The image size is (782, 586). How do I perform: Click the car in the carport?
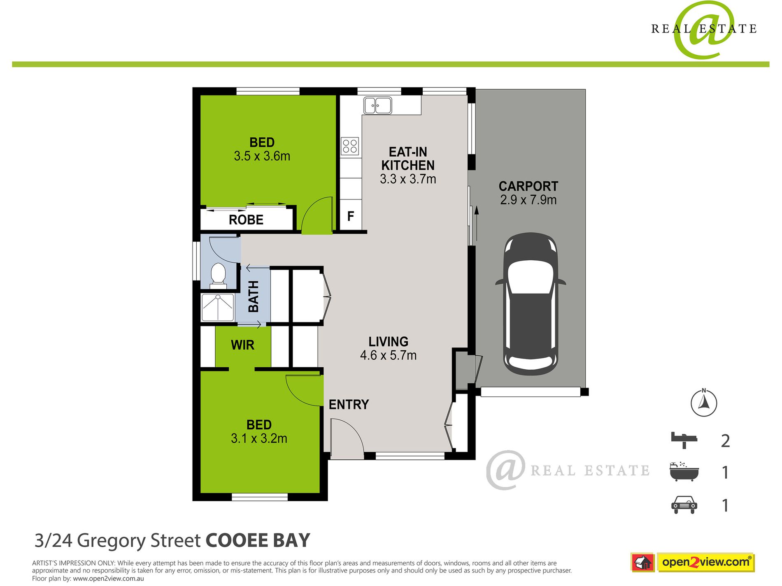pos(530,304)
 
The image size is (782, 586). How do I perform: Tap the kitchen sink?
pos(377,106)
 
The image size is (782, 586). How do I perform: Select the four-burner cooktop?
pos(350,146)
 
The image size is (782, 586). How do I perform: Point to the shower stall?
pos(217,307)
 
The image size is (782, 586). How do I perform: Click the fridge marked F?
pos(351,216)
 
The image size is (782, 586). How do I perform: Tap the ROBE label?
pos(246,220)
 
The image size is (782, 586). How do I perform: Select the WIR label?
pos(242,345)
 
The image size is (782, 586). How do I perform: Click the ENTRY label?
pos(349,405)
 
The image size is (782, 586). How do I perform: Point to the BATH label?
pos(254,296)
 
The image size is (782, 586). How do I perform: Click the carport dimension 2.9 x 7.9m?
pos(528,200)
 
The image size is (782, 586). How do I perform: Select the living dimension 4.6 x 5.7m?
pos(388,355)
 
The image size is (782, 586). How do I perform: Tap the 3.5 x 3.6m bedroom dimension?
pos(262,156)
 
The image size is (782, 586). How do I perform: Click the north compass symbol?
pos(704,403)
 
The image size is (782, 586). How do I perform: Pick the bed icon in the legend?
pos(684,440)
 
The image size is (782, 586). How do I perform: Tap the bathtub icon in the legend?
pos(684,472)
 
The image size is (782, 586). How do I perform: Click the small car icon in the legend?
pos(684,505)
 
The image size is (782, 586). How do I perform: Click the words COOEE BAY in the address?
pos(258,540)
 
